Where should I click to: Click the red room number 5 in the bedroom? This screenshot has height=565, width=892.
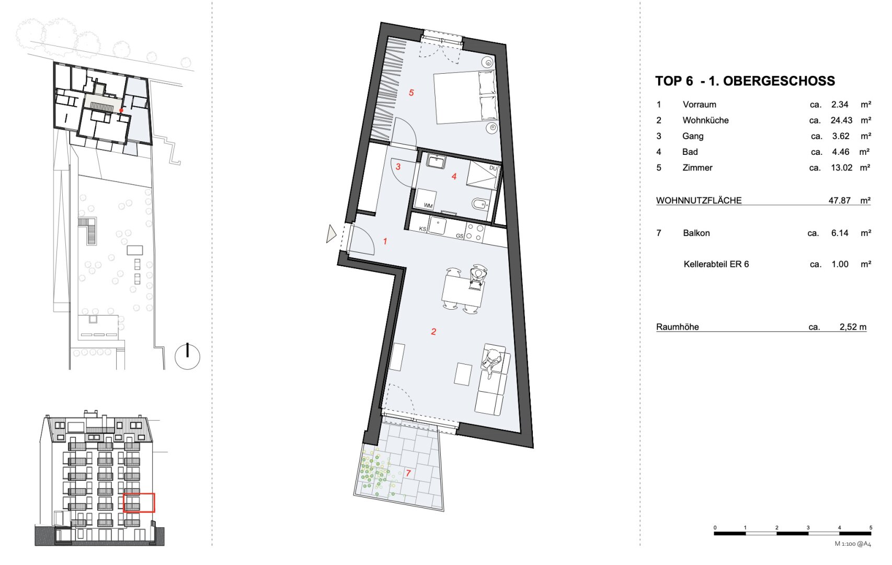411,93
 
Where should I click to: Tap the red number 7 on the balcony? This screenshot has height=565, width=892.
408,473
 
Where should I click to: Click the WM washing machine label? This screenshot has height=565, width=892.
428,206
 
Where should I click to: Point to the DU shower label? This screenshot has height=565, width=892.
493,168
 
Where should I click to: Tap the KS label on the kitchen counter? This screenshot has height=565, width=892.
422,229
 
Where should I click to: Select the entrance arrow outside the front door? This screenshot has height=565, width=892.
331,234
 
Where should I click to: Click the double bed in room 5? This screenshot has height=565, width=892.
465,96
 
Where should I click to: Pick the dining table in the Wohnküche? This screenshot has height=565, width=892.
462,290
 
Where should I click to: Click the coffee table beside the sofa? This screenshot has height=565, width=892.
463,374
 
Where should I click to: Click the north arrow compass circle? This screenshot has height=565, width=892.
187,357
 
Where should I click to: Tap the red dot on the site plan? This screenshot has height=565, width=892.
121,110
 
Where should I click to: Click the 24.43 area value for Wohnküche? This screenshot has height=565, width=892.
841,120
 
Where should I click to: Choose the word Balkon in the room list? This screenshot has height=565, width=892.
696,233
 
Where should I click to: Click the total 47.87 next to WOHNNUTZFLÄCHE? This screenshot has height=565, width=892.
839,200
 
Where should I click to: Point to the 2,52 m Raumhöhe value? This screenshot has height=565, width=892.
853,327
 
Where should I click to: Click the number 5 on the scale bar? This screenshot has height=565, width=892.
871,527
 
